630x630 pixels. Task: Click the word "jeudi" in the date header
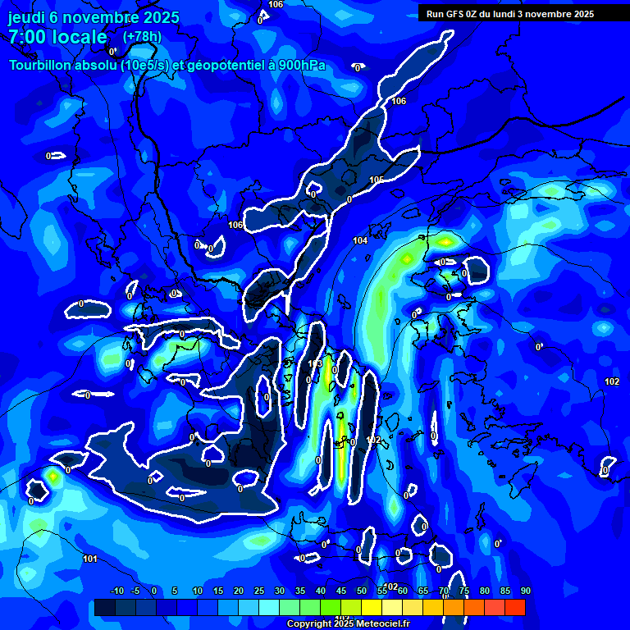point(26,16)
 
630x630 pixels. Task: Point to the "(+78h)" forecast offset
point(142,37)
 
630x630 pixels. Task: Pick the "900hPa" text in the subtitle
point(301,65)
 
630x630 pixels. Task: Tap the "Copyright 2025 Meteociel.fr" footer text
point(347,624)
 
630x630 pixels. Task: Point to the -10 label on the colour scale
point(116,591)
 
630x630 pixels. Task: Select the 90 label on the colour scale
point(525,591)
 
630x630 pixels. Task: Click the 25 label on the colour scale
point(259,591)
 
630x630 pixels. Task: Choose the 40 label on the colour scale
point(321,591)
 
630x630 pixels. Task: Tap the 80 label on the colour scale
point(484,591)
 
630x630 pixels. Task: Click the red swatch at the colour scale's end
point(514,607)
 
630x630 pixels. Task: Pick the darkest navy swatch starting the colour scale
point(104,607)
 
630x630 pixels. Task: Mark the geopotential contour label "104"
point(360,240)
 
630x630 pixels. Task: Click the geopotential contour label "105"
point(377,180)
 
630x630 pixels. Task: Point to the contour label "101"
point(90,559)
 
